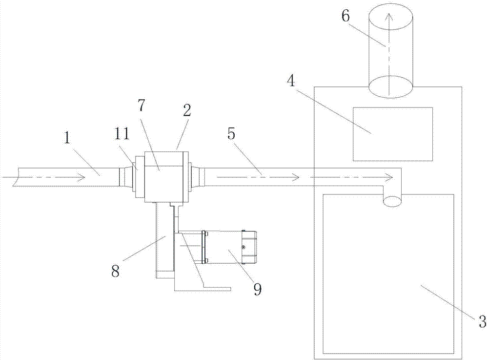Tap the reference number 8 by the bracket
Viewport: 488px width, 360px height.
point(116,272)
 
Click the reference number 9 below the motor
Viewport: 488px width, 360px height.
point(257,289)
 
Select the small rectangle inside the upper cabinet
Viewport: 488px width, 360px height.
point(393,134)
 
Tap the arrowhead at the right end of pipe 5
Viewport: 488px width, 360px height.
point(388,176)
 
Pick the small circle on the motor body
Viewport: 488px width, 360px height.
point(243,246)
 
